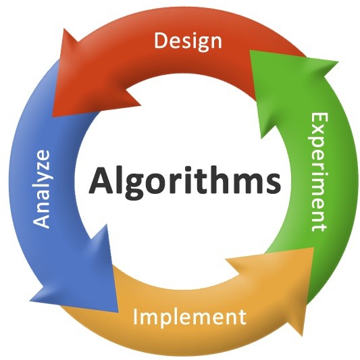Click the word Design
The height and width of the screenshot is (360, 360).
(188, 42)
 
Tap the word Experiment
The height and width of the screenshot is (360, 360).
(319, 172)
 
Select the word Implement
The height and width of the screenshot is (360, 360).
(189, 317)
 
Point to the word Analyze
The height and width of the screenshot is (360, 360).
(41, 188)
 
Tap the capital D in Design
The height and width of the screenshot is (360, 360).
(161, 41)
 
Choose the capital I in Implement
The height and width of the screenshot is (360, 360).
(135, 316)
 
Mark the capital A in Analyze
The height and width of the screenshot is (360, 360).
(41, 220)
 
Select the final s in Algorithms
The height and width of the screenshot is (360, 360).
(273, 184)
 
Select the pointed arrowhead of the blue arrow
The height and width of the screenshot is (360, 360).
(118, 311)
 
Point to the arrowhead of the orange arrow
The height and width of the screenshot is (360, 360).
(313, 248)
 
